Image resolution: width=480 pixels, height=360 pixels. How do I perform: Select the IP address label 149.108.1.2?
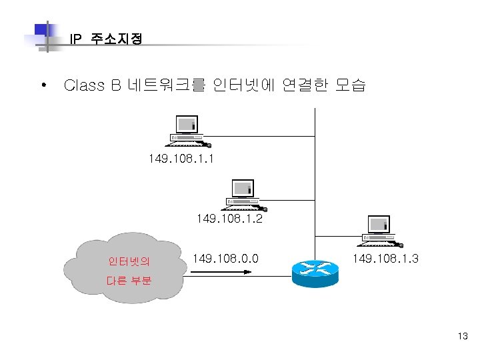click(x=229, y=218)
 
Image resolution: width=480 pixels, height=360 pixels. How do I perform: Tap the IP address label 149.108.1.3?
click(x=385, y=258)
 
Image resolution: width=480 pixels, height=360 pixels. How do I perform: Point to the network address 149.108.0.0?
click(x=225, y=258)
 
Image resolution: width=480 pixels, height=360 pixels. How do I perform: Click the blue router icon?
click(x=310, y=271)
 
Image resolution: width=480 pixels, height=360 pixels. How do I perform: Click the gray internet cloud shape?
click(x=130, y=267)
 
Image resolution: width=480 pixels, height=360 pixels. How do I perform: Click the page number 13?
click(x=463, y=336)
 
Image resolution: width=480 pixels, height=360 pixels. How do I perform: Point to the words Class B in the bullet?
click(x=92, y=85)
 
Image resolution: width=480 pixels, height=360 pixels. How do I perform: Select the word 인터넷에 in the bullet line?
click(x=242, y=85)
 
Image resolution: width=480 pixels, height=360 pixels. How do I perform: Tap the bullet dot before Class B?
click(x=43, y=85)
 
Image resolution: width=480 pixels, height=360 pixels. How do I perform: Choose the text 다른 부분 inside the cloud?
click(x=129, y=281)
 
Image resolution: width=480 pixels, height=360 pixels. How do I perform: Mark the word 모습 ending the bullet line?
click(x=350, y=85)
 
